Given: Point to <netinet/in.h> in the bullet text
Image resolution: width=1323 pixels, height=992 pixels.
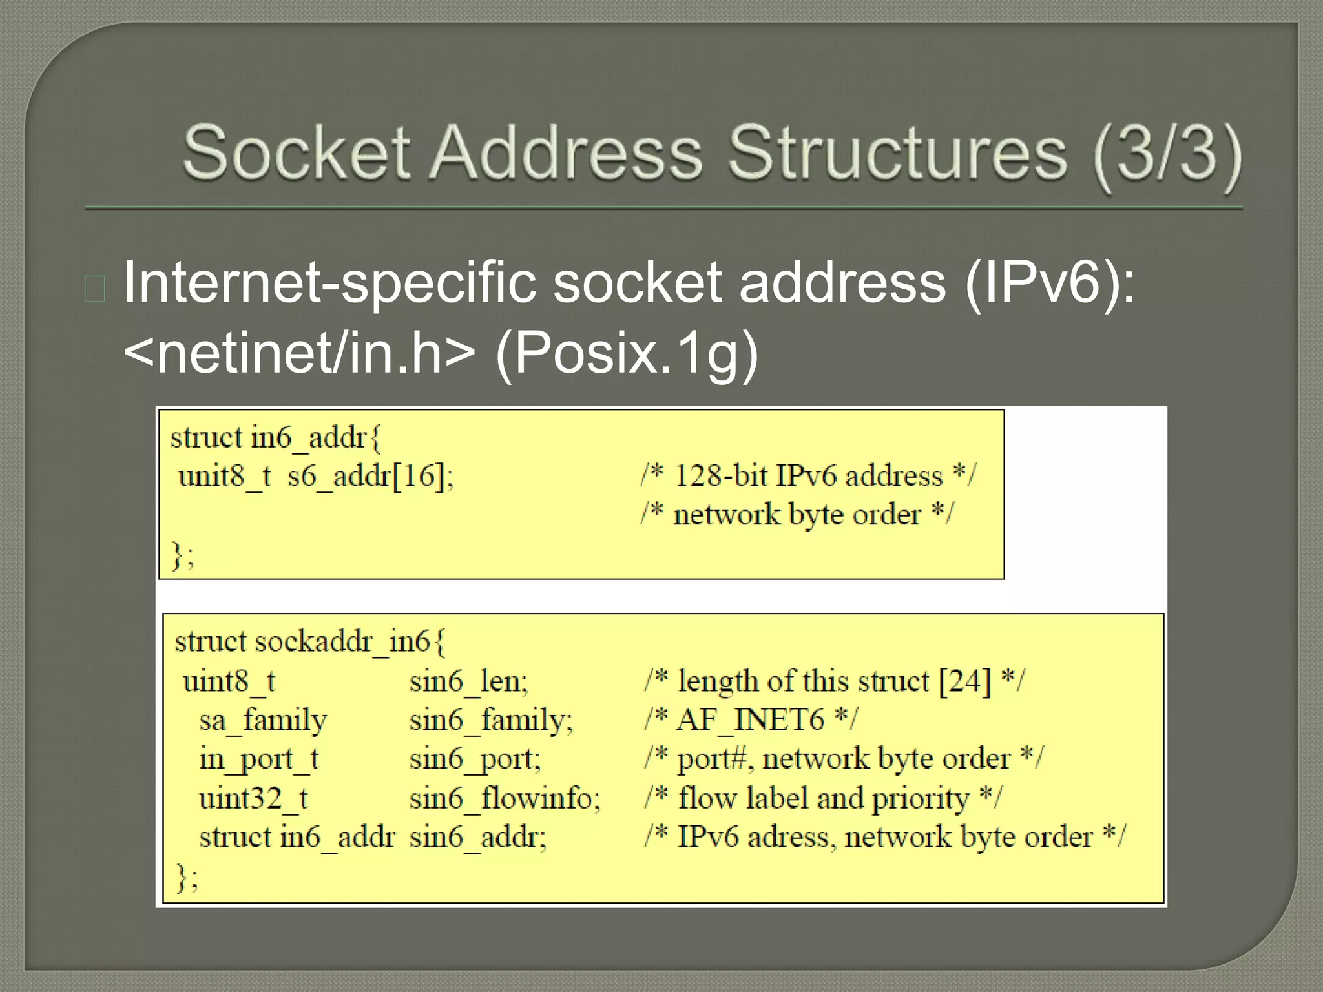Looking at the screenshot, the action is tap(299, 353).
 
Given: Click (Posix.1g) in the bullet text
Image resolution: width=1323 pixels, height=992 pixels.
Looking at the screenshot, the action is tap(626, 353).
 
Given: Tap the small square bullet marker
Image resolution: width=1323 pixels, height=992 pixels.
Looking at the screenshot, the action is tap(95, 289).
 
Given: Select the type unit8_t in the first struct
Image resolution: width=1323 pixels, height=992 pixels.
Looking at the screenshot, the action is tap(225, 477).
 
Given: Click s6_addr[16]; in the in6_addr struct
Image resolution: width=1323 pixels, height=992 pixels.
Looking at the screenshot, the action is tap(371, 477).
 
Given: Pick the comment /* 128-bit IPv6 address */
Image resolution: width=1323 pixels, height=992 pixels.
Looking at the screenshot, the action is tap(808, 476).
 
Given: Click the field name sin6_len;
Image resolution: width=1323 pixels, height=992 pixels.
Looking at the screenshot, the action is tap(469, 681).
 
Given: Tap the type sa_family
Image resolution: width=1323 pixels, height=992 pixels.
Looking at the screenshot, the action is tap(263, 720).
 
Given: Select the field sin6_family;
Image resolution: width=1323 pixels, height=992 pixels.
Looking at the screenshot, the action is tap(491, 720).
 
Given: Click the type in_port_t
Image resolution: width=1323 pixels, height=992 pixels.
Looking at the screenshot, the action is tap(258, 759).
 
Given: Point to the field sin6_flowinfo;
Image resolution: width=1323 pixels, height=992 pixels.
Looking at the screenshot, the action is tap(505, 798).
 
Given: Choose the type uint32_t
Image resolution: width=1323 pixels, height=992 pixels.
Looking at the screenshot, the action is tap(253, 798).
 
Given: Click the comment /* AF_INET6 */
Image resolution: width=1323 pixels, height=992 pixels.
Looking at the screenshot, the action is tap(751, 719).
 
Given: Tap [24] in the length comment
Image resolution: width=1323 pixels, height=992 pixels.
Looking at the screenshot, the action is tap(964, 681).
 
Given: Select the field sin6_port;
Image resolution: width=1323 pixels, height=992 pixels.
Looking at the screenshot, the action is tap(475, 759).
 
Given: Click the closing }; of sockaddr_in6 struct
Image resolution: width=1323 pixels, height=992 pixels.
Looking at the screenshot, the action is tap(187, 878).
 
